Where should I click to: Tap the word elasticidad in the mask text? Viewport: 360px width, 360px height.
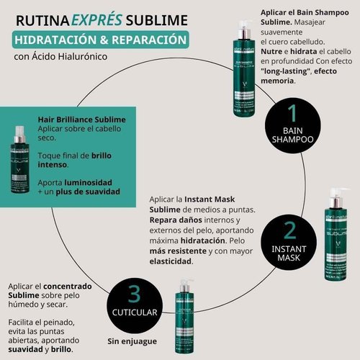[171, 263]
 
